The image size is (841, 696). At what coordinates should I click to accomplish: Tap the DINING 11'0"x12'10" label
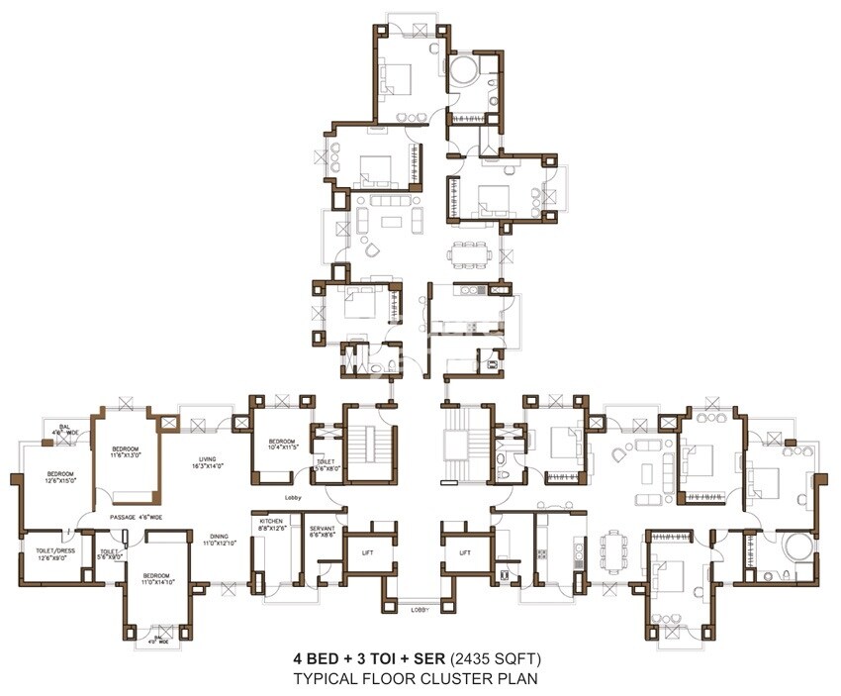tap(222, 540)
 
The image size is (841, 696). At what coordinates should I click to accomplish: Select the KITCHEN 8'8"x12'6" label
tap(271, 525)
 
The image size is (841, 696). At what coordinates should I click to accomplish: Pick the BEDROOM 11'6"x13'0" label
tap(126, 452)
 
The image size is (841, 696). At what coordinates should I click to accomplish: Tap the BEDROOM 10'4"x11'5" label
tap(280, 445)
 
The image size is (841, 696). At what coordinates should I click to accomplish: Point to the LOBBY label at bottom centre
tap(420, 610)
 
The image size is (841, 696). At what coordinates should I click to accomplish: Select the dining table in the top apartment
tap(469, 253)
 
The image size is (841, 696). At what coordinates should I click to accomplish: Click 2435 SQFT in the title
tap(499, 658)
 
